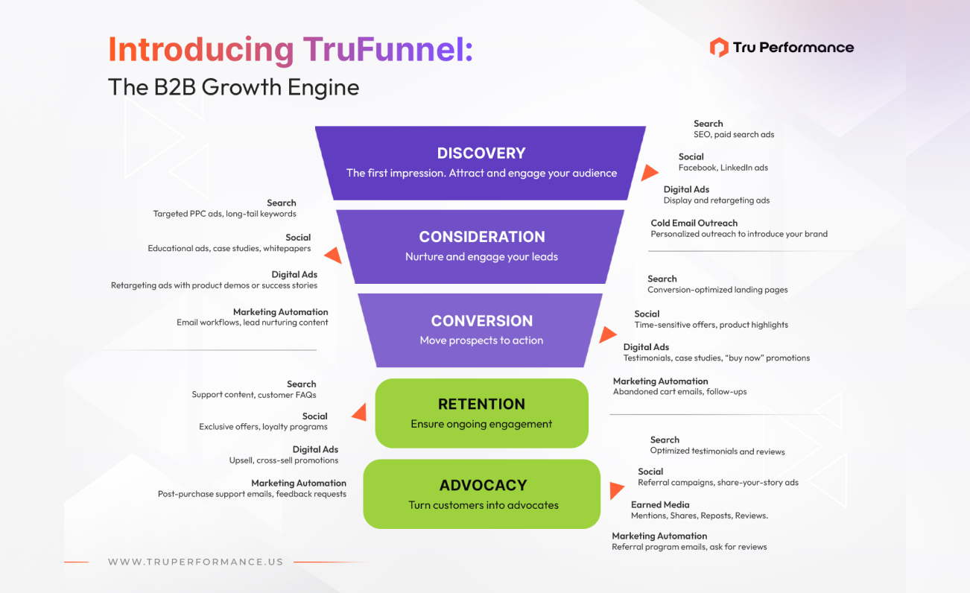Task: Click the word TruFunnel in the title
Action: [387, 49]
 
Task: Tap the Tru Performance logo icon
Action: [718, 48]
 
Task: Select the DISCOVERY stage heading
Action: [481, 153]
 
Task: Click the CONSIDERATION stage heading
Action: [482, 237]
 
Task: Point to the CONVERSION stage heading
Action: [482, 321]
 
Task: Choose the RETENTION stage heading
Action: [481, 405]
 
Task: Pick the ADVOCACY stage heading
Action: [483, 486]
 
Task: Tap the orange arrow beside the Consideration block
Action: [334, 256]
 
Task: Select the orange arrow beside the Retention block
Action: [359, 412]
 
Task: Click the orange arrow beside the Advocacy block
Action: [616, 491]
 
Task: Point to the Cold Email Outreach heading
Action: [694, 223]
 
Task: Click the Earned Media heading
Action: [660, 504]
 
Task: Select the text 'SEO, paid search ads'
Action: [734, 135]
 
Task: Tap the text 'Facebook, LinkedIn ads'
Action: [723, 168]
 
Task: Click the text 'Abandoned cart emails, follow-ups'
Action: [679, 392]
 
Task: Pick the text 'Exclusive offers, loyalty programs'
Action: [263, 427]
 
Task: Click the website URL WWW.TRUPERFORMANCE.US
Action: [196, 562]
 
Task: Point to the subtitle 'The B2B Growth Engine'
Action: [233, 87]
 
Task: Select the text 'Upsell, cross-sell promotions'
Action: [284, 460]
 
